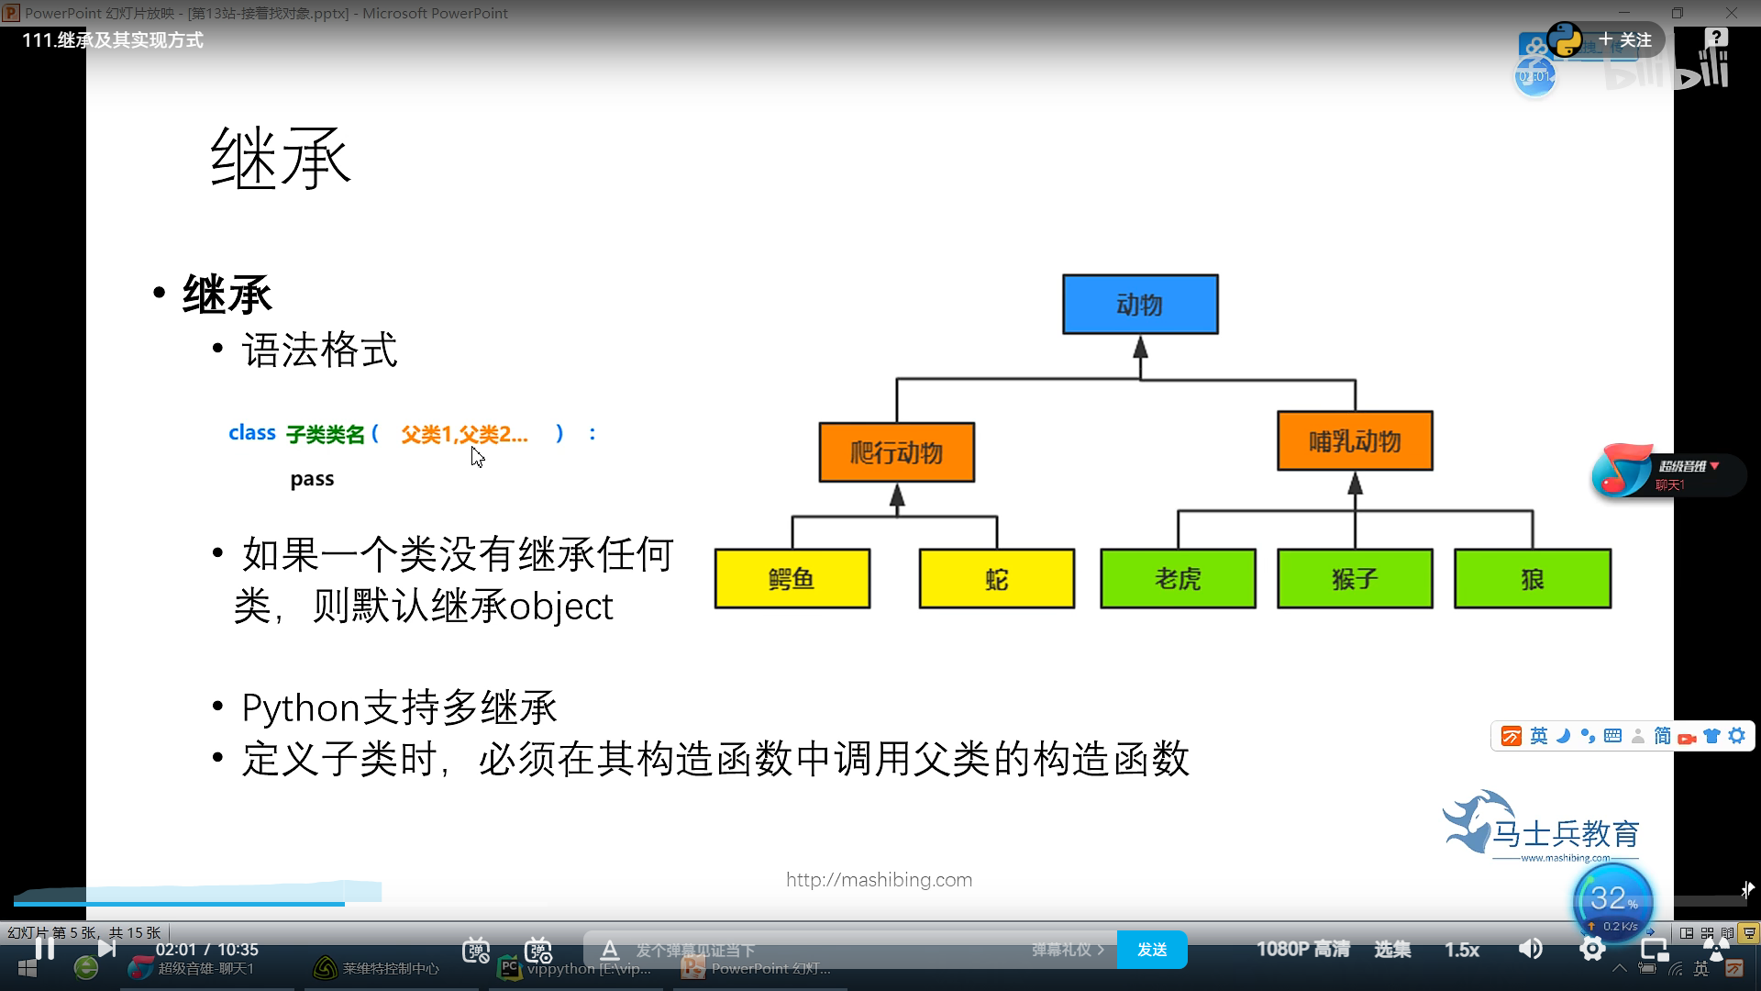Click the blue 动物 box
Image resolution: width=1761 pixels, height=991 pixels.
click(1140, 305)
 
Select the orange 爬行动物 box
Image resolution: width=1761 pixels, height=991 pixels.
click(896, 452)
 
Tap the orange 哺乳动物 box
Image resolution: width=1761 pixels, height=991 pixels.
click(1355, 441)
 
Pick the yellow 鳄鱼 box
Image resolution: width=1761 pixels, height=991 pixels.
click(792, 579)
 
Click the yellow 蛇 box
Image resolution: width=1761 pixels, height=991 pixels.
click(996, 579)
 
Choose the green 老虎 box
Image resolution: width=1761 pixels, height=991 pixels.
click(1178, 579)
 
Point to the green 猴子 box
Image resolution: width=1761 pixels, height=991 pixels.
click(1355, 579)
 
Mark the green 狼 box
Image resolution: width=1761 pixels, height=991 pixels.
click(1532, 579)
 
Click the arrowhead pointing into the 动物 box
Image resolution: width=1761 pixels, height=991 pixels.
click(1140, 348)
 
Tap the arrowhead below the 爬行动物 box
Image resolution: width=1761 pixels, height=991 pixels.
click(897, 496)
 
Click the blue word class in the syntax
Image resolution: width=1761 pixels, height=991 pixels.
click(251, 433)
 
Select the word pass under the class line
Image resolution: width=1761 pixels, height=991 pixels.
click(312, 479)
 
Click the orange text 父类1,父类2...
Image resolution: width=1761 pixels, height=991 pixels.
click(464, 434)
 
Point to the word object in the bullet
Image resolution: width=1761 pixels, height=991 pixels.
click(560, 607)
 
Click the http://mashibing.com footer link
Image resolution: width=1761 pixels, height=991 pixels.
click(879, 880)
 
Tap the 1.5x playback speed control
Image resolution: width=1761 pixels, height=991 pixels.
click(1461, 950)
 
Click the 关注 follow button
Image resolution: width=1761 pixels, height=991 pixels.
click(1625, 40)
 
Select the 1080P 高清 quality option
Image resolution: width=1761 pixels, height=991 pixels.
click(1302, 950)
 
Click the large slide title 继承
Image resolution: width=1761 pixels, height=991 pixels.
click(281, 158)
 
